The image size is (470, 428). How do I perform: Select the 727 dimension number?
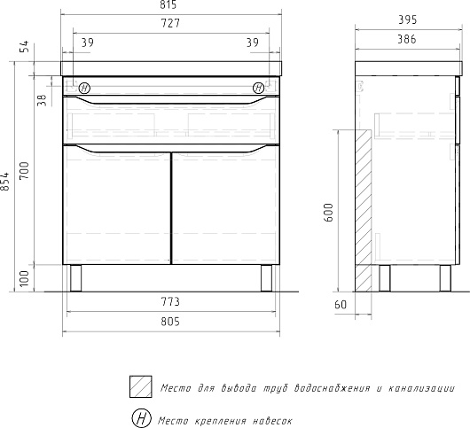tap(170, 23)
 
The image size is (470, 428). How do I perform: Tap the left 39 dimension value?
tap(87, 43)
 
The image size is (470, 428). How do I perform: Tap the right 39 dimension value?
tap(253, 43)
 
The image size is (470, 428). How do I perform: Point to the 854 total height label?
tap(5, 181)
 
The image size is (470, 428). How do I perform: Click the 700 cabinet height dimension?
tap(25, 170)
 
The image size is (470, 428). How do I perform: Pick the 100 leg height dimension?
tap(25, 278)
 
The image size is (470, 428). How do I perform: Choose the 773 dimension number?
tap(170, 302)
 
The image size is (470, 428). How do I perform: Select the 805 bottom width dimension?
tap(170, 322)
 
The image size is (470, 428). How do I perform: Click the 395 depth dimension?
tap(407, 20)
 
